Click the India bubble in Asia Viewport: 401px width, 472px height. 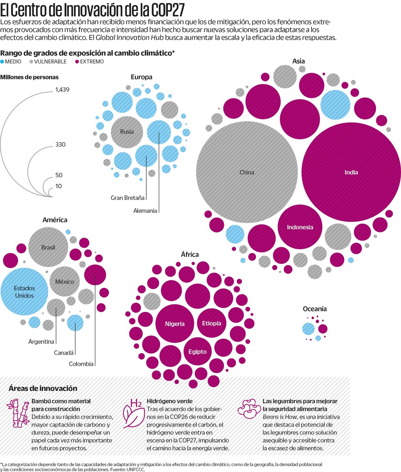[x=351, y=172]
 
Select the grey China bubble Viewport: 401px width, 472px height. [x=247, y=172]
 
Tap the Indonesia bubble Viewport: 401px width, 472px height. [x=300, y=227]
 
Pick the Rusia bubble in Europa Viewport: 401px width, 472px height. [x=127, y=132]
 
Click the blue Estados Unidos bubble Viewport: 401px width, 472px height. [x=24, y=292]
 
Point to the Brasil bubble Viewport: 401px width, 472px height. [x=48, y=247]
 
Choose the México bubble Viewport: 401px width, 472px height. [x=65, y=282]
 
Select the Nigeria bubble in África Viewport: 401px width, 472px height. [x=174, y=324]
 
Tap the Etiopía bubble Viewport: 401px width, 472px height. [x=211, y=323]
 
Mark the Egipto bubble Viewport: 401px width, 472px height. [x=197, y=351]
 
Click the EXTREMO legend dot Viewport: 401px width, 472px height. [x=77, y=62]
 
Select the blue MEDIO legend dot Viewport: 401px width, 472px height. [x=2, y=62]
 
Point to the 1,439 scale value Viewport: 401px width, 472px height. [x=62, y=90]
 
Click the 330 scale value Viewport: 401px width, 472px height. [x=60, y=144]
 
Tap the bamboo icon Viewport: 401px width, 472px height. [x=18, y=413]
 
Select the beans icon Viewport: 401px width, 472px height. [x=249, y=409]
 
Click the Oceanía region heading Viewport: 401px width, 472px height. [x=315, y=309]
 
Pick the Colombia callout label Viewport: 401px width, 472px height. [x=81, y=364]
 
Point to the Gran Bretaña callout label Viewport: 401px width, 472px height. [x=128, y=198]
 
